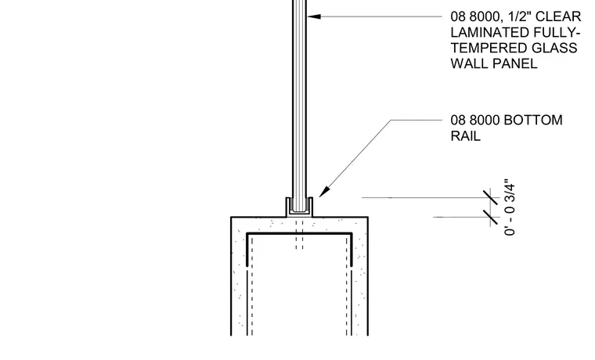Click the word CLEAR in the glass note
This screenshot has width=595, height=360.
[x=558, y=16]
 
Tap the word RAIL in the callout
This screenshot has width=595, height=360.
[x=466, y=136]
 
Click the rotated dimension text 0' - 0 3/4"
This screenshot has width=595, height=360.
[x=510, y=207]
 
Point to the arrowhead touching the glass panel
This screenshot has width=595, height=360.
[x=314, y=16]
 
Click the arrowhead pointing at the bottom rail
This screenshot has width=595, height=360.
[x=324, y=192]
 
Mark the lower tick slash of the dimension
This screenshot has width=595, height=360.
[x=491, y=217]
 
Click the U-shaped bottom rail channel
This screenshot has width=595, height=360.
[x=299, y=214]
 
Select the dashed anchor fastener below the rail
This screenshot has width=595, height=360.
[x=300, y=234]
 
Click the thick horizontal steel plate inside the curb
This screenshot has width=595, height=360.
[x=299, y=234]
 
